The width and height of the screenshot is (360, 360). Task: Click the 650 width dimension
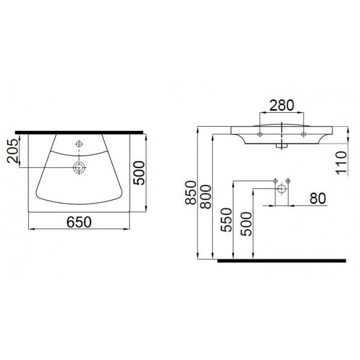tap(79, 222)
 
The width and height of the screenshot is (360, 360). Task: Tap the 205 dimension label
tap(13, 151)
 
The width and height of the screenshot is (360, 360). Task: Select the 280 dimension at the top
tap(281, 106)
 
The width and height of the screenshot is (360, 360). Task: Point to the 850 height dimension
tap(191, 193)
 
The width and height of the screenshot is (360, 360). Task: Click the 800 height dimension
tap(205, 197)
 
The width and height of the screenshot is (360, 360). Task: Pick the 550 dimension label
tap(226, 220)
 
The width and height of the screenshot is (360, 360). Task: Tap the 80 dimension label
tap(317, 199)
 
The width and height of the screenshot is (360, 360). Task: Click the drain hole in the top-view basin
tap(79, 167)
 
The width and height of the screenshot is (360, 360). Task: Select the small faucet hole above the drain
tap(79, 144)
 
